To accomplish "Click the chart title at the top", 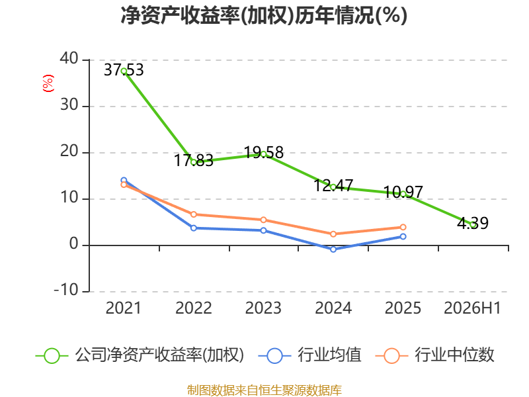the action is tap(264, 15).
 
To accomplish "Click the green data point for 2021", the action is tap(124, 71).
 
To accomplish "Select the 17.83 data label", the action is tap(194, 160).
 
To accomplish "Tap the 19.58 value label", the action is tap(263, 153).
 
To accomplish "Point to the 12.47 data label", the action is tap(333, 185).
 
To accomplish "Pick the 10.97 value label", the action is tap(403, 192).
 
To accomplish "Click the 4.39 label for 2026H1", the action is tap(473, 223).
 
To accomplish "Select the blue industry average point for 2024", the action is tap(333, 249).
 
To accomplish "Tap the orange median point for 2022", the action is tap(194, 214).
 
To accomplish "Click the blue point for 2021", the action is tap(124, 180).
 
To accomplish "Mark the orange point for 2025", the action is tap(403, 227).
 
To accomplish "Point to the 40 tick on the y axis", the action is tap(69, 58).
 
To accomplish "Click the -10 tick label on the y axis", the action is tap(66, 290).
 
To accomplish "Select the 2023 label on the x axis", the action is tap(263, 308).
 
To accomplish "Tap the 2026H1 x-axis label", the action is tap(472, 308).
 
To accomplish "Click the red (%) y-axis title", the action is tap(48, 83).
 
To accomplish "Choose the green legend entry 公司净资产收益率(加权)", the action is tap(140, 355).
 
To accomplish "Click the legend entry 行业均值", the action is tap(309, 355).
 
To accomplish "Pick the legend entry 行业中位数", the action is tap(434, 355).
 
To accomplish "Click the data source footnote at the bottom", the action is tap(264, 390).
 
